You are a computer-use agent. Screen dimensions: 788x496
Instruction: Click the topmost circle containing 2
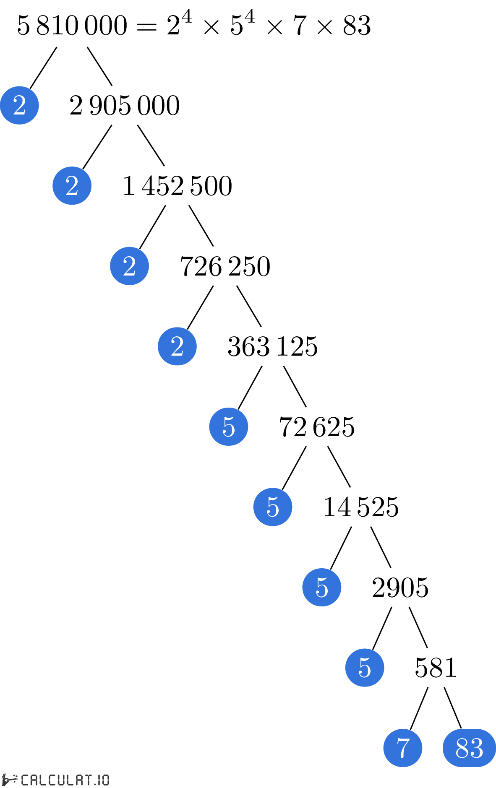click(19, 105)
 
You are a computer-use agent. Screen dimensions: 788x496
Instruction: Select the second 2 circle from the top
click(72, 186)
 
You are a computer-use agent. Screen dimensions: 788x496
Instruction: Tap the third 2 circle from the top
click(129, 266)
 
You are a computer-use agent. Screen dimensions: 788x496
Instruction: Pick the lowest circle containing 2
click(177, 346)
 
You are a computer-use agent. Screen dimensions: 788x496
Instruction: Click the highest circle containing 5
click(229, 427)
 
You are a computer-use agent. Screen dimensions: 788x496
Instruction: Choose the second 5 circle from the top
click(273, 507)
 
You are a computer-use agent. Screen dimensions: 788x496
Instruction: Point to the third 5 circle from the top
click(322, 587)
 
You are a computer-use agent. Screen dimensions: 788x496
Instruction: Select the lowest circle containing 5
click(365, 668)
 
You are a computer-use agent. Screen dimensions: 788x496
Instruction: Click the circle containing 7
click(403, 748)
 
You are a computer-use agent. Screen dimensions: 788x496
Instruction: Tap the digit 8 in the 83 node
click(462, 748)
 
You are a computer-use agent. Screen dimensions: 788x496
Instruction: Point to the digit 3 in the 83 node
click(477, 748)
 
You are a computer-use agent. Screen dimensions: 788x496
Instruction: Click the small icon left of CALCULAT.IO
click(9, 780)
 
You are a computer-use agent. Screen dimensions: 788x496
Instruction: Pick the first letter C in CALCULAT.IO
click(25, 780)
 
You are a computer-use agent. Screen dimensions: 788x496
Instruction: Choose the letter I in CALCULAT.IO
click(98, 780)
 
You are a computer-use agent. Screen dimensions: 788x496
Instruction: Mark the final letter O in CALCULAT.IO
click(105, 780)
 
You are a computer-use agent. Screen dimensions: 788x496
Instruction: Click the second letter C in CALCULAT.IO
click(52, 780)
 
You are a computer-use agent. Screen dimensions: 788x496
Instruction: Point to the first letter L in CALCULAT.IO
click(43, 780)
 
